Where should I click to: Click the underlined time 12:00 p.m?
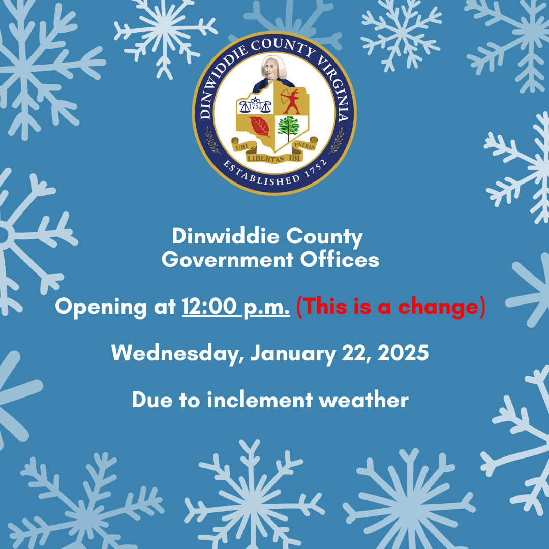[236, 307]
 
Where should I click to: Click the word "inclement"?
[259, 400]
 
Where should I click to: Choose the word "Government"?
[227, 260]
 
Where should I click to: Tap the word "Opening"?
[101, 308]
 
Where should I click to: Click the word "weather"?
[364, 400]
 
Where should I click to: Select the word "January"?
[293, 353]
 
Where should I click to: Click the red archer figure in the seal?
[290, 102]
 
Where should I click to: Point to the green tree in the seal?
[289, 128]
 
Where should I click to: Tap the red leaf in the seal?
[260, 127]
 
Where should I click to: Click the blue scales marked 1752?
[255, 106]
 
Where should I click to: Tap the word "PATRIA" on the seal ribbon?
[304, 145]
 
